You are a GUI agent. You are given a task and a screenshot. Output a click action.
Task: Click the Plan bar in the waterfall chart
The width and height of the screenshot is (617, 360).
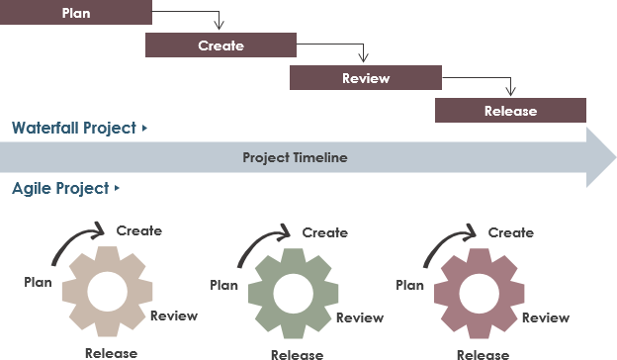coord(75,13)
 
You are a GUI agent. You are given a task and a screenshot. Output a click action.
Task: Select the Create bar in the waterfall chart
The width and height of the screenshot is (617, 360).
coord(220,45)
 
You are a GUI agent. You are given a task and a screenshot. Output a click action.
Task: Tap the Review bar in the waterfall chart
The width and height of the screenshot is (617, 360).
coord(365,78)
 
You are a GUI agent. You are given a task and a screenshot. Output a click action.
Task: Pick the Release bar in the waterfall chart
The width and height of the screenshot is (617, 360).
coord(510,111)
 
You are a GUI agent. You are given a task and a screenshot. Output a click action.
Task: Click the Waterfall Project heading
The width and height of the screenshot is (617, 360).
coord(74,129)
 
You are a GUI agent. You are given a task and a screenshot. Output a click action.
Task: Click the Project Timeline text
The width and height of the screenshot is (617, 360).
coord(295,157)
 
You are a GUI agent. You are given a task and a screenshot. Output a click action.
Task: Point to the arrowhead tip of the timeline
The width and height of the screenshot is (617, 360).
coord(613,157)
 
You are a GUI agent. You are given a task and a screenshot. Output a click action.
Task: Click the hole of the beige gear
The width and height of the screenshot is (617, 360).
coord(105,293)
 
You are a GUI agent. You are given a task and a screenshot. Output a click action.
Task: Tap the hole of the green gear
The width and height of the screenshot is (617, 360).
coord(291,295)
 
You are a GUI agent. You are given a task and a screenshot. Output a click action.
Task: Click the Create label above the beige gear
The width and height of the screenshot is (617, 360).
coord(138,230)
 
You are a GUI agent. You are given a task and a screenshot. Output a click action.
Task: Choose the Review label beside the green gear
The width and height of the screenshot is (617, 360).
coord(360,317)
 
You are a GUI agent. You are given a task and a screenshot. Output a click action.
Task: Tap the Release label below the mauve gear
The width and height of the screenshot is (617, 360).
coord(483,354)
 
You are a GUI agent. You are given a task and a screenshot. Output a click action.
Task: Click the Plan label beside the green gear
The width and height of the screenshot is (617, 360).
coord(223,285)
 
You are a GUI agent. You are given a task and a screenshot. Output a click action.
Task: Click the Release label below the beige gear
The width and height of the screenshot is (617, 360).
coord(111,353)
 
